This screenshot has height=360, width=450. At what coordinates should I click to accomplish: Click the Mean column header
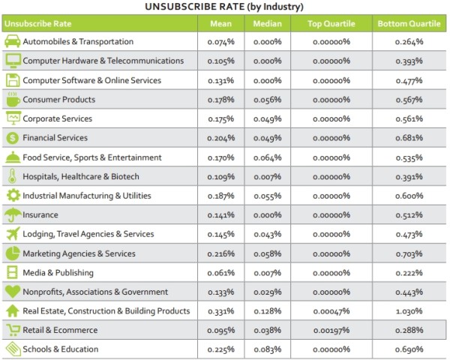coord(220,22)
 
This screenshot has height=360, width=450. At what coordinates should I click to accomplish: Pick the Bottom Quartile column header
coord(409,22)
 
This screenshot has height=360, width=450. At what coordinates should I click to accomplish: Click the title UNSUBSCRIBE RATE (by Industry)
coord(225,7)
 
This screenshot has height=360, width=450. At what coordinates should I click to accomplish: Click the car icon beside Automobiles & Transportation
coord(13,42)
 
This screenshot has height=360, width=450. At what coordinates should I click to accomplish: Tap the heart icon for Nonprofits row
coord(13,292)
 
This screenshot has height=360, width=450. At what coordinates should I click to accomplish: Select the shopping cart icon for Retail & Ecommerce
coord(13,330)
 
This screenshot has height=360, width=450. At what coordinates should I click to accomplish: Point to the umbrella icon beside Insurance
coord(13,215)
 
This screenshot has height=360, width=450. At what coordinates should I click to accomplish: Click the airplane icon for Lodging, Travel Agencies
coord(13,234)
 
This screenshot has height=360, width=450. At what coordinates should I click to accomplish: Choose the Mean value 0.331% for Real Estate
coord(220,311)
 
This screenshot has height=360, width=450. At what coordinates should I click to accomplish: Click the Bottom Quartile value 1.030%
coord(409,311)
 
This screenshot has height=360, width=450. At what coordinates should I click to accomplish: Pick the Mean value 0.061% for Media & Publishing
coord(220,273)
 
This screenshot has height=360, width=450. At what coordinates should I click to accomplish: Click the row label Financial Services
coord(55,138)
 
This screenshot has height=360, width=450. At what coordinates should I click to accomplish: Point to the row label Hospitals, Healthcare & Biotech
coord(81,176)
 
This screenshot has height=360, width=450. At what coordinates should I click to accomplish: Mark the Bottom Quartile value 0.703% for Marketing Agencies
coord(409,253)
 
